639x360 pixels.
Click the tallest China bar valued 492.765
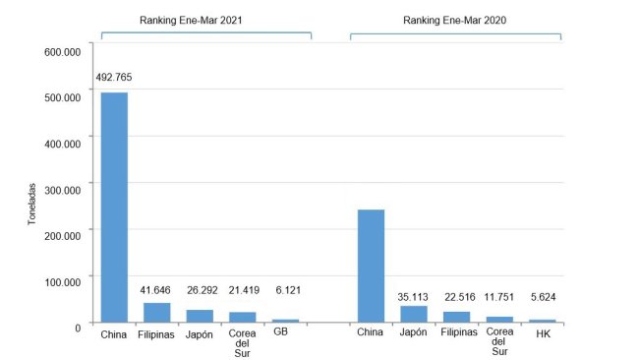(114, 207)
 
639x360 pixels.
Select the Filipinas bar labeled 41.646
(157, 312)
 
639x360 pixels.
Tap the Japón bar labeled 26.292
(201, 316)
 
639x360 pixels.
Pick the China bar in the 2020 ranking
(371, 266)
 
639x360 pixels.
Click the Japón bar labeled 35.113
(414, 314)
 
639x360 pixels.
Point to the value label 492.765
(114, 76)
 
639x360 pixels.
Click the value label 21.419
(243, 291)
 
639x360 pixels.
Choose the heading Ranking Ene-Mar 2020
(455, 19)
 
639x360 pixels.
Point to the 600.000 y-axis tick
(64, 50)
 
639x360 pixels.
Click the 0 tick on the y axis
(80, 326)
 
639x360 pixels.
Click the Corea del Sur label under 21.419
(243, 342)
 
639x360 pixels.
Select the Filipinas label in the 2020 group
(457, 333)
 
